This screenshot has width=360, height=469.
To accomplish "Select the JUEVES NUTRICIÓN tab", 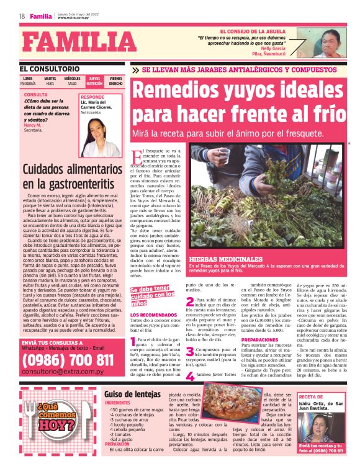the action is (x=94, y=81).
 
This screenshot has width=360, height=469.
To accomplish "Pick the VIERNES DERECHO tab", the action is (x=116, y=81).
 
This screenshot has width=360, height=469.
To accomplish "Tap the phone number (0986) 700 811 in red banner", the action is (x=68, y=360).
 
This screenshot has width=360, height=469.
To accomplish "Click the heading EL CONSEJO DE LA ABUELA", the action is (x=256, y=30).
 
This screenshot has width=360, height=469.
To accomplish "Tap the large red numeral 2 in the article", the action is (x=190, y=301).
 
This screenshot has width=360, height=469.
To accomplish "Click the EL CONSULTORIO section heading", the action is (x=50, y=69).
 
